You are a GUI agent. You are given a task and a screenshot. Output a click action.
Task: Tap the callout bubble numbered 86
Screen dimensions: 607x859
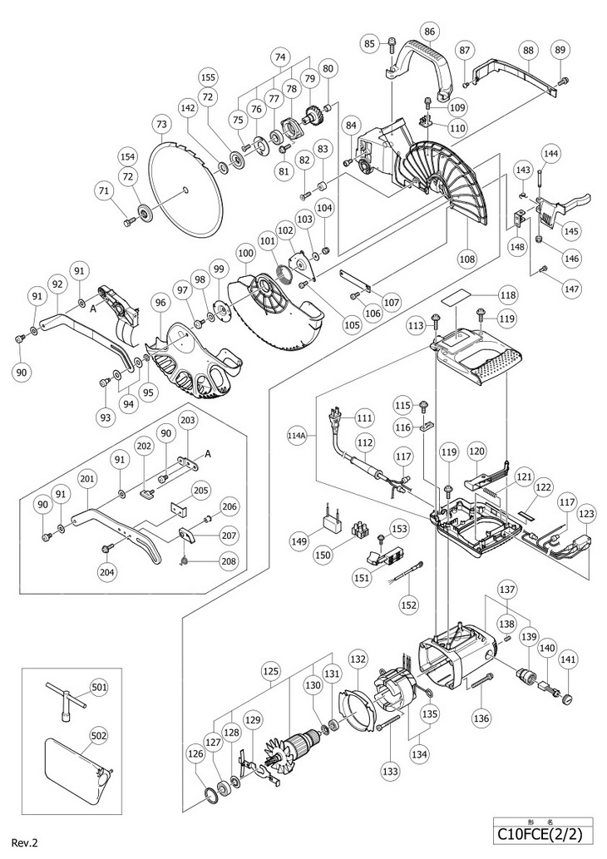point(430,32)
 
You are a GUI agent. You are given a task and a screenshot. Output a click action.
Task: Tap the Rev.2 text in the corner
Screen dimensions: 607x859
point(30,842)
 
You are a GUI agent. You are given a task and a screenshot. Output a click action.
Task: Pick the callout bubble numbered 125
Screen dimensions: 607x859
point(271,671)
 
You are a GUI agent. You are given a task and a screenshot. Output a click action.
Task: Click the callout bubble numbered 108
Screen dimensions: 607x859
point(468,258)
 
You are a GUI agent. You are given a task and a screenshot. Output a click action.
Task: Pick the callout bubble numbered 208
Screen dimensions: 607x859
point(230,560)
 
